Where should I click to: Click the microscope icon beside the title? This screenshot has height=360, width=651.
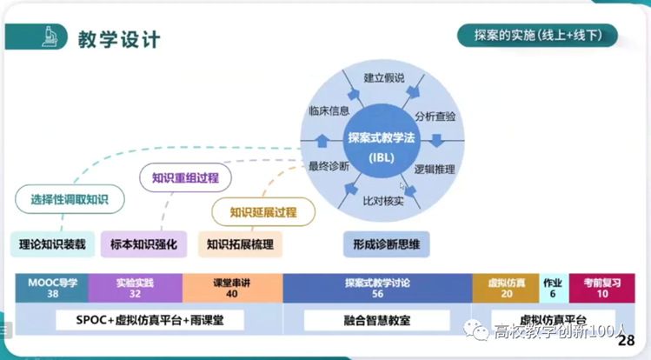pyautogui.click(x=50, y=37)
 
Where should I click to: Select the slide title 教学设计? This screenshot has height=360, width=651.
pyautogui.click(x=118, y=39)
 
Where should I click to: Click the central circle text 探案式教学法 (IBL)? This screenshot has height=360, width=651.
pyautogui.click(x=382, y=146)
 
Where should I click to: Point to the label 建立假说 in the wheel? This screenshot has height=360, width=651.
pyautogui.click(x=384, y=78)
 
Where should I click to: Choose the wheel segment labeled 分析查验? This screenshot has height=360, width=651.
pyautogui.click(x=435, y=116)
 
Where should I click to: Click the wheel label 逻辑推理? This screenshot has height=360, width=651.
pyautogui.click(x=434, y=169)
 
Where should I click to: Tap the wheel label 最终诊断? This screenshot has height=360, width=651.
pyautogui.click(x=329, y=165)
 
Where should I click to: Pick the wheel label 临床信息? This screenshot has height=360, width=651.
pyautogui.click(x=329, y=111)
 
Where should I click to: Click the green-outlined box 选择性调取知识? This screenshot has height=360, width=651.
pyautogui.click(x=70, y=199)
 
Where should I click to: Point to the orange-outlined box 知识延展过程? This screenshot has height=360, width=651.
pyautogui.click(x=262, y=211)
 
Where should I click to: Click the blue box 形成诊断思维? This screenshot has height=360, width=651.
pyautogui.click(x=387, y=244)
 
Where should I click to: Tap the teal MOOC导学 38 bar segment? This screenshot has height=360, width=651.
pyautogui.click(x=52, y=288)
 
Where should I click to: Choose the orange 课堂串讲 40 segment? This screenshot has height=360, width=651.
pyautogui.click(x=231, y=288)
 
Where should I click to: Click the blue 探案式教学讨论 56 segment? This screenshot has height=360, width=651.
pyautogui.click(x=377, y=288)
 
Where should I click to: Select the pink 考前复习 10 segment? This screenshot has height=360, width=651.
pyautogui.click(x=602, y=288)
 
